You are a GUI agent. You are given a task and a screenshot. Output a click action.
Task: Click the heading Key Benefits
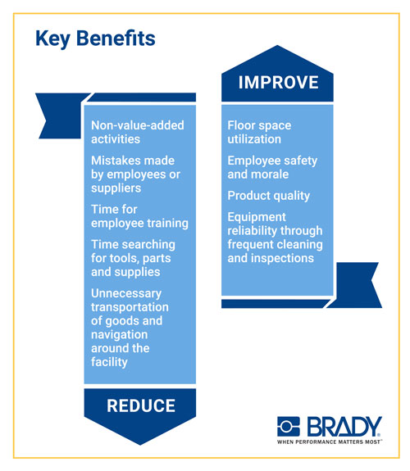point(95,39)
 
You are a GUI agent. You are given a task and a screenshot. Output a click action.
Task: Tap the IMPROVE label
point(278,82)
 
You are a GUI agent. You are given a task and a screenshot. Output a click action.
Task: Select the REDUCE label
point(141,405)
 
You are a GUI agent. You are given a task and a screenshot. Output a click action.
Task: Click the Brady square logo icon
point(288,426)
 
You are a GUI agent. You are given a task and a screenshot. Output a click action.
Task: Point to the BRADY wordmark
point(344,426)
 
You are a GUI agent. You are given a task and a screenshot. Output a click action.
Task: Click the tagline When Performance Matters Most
point(329,442)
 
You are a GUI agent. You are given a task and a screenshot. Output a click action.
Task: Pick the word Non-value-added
point(138,125)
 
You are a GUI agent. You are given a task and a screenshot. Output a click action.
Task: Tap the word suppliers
point(116,188)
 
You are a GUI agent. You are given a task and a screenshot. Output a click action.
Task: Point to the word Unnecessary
point(126,293)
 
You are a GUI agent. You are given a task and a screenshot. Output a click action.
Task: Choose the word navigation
point(120,335)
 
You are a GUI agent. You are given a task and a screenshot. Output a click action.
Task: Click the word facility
point(109,362)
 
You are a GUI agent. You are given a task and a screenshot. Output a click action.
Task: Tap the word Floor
point(240,125)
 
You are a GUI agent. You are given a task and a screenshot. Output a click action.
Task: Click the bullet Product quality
point(269,196)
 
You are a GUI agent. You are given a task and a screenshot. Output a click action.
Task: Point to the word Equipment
point(257,217)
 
